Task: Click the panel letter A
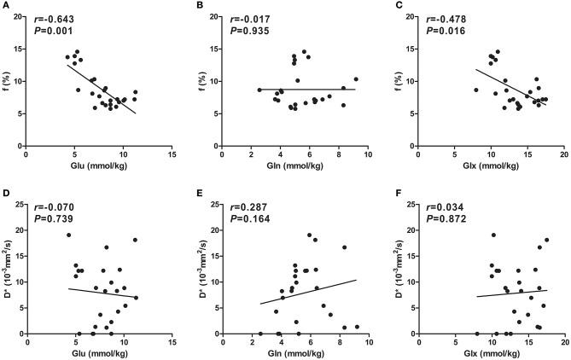6,7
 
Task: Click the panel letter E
202,189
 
